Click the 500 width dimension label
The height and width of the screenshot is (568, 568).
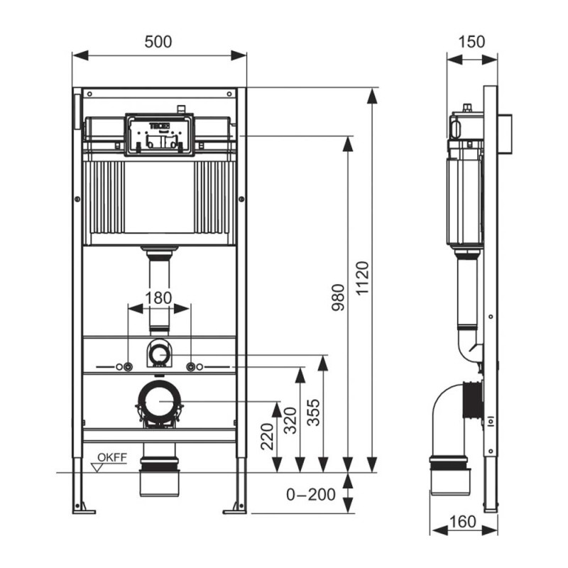pyautogui.click(x=158, y=42)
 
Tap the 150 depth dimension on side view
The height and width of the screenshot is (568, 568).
pyautogui.click(x=472, y=42)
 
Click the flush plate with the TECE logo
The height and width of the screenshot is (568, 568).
pyautogui.click(x=159, y=134)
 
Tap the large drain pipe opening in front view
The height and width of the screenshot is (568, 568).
pyautogui.click(x=159, y=402)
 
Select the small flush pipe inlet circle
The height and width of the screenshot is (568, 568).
pyautogui.click(x=159, y=352)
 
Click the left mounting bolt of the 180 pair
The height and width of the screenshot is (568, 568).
pyautogui.click(x=128, y=367)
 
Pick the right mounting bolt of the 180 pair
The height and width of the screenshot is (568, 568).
pyautogui.click(x=190, y=367)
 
